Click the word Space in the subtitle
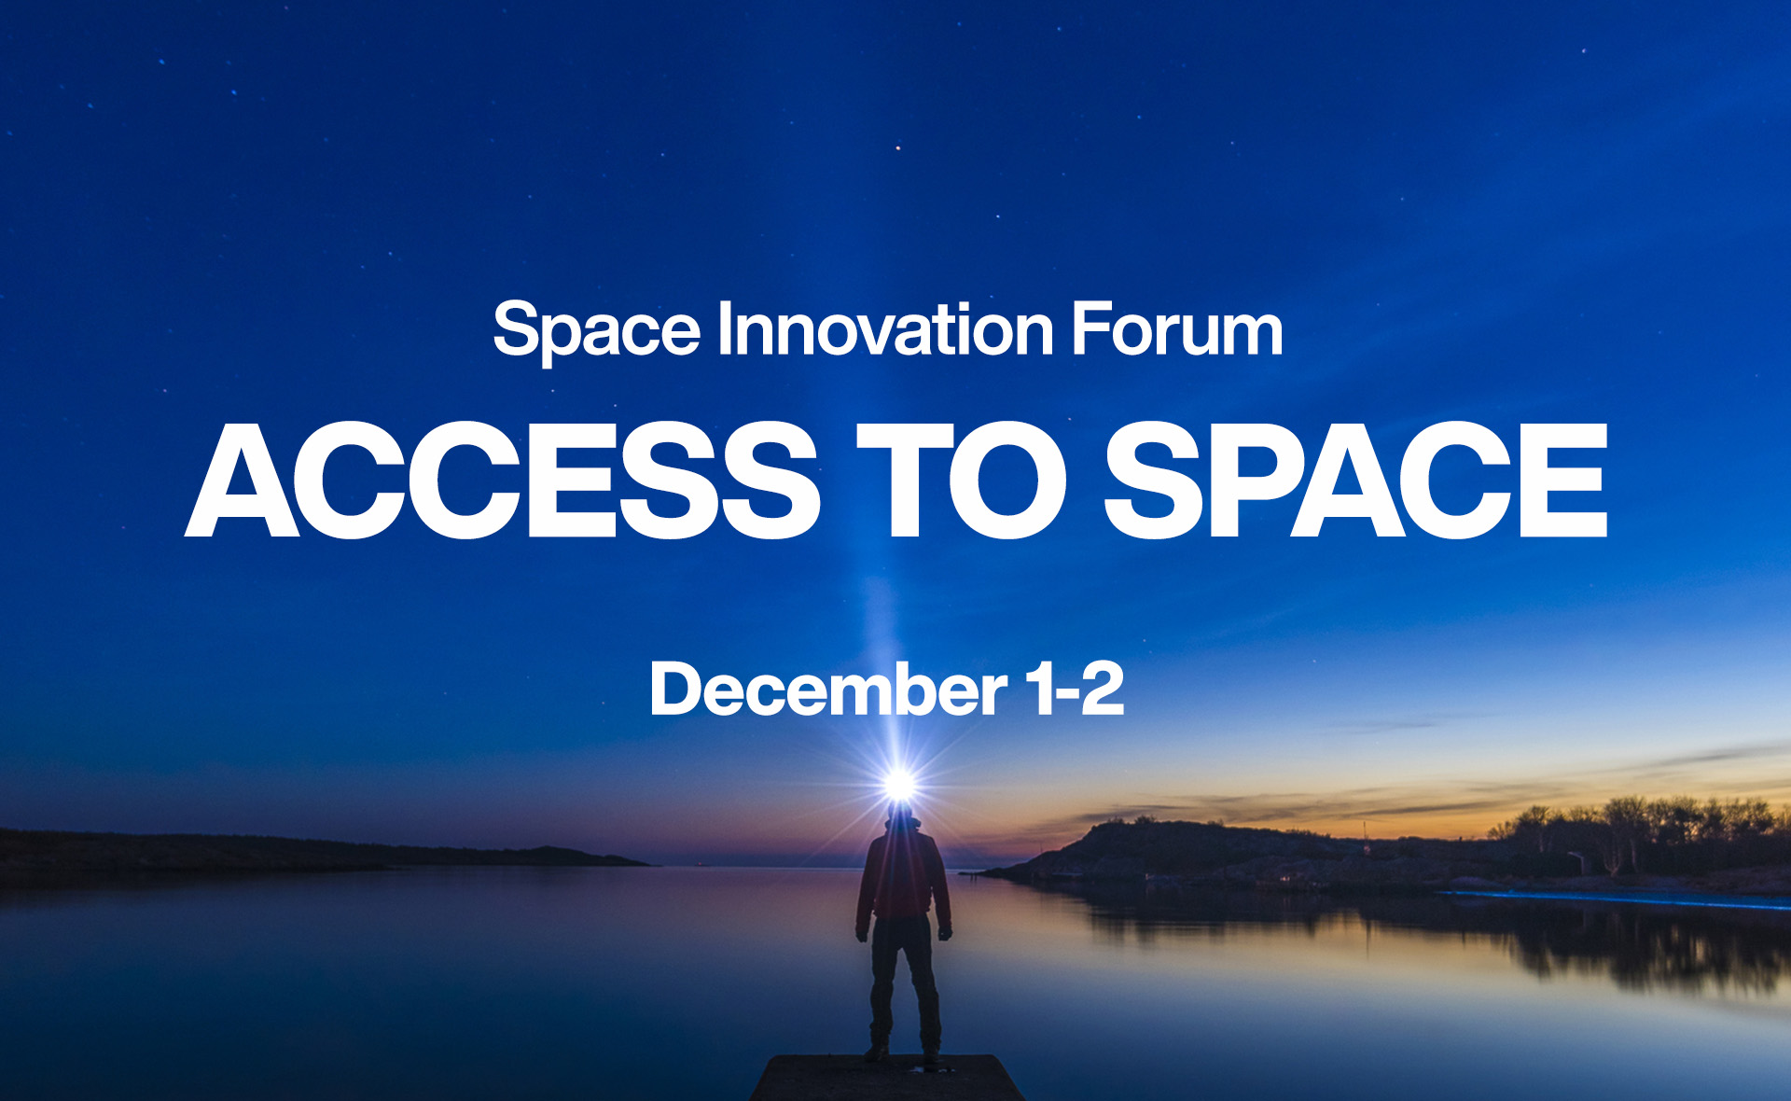point(596,331)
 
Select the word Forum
point(1177,328)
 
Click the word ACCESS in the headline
point(503,480)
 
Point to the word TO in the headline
point(962,480)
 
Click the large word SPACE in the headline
point(1356,480)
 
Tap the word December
point(828,689)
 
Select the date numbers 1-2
point(1075,689)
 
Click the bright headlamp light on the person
point(900,784)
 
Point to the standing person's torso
point(902,872)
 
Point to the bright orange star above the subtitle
point(898,147)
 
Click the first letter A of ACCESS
point(242,480)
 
